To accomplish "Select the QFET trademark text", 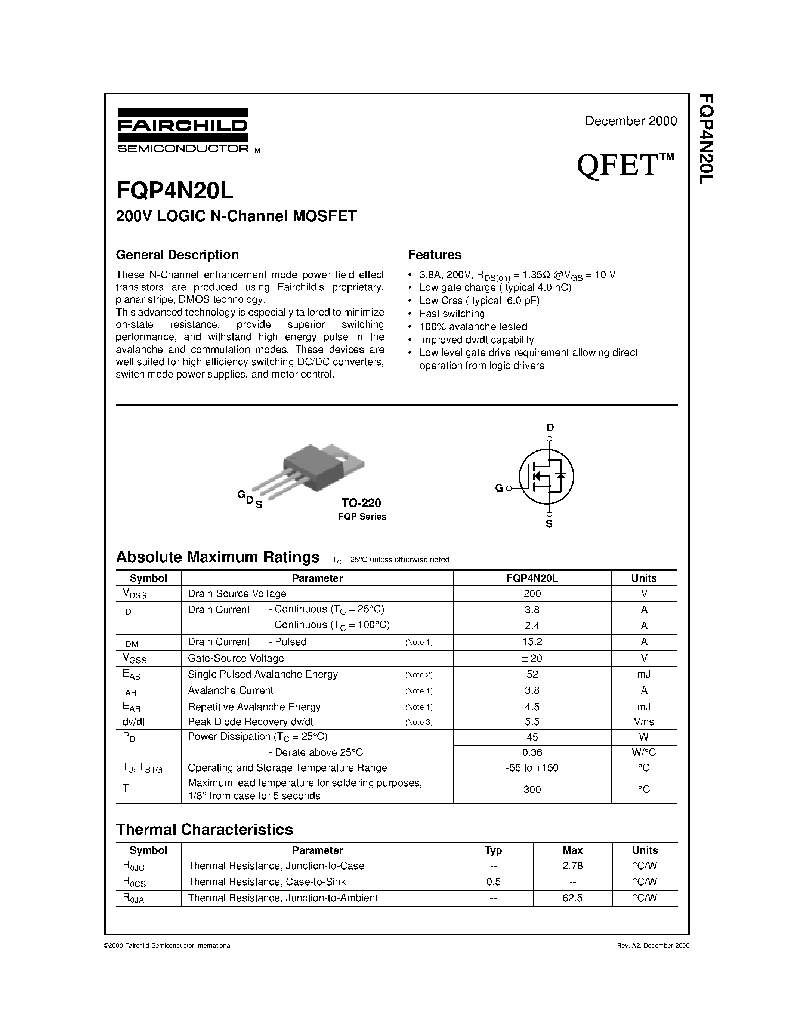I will point(625,165).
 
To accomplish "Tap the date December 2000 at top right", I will point(630,121).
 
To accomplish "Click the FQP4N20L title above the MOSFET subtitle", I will point(174,190).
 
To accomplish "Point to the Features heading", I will point(434,255).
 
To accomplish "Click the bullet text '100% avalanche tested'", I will point(473,327).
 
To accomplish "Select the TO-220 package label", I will point(361,503).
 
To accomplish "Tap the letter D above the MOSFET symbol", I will point(550,427).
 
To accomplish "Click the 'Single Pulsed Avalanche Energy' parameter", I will point(262,674).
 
